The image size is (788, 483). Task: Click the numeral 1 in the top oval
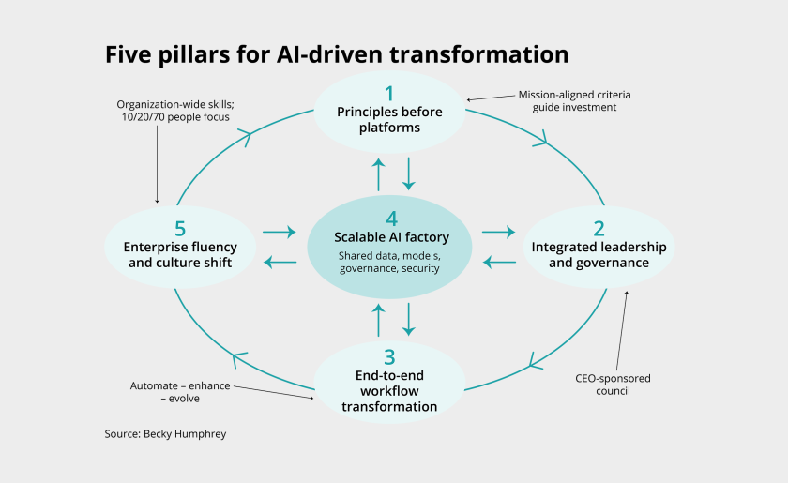389,93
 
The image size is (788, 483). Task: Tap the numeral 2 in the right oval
599,228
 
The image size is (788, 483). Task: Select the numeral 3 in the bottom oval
389,356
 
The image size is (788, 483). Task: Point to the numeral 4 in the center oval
391,216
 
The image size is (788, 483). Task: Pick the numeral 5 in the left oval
180,228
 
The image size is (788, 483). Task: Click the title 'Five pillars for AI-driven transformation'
337,54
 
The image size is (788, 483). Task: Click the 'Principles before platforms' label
389,119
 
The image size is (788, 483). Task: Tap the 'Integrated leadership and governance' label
599,255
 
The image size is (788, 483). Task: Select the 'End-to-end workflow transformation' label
389,391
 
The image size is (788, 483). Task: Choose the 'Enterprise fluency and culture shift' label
180,255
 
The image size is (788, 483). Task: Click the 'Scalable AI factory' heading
391,237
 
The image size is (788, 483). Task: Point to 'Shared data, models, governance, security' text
391,262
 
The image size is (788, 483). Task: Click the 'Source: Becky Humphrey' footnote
164,434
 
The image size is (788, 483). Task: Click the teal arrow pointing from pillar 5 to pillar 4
280,231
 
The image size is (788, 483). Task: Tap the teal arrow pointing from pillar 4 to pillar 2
498,231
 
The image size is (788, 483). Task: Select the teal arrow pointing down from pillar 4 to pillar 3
409,320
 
